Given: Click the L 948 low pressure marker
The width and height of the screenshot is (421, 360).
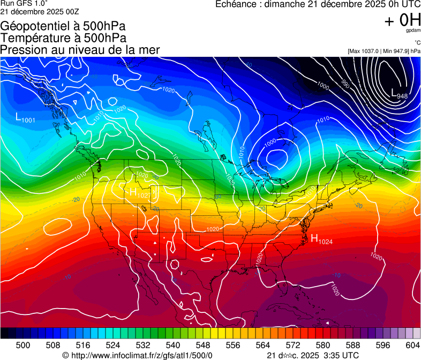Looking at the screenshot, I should point(399,94).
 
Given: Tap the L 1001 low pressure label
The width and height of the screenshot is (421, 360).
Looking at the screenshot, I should point(25,118).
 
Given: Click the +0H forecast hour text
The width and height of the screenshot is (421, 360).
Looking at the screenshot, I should point(402,20).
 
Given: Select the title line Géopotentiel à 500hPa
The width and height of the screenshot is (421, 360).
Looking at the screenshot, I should point(63,26).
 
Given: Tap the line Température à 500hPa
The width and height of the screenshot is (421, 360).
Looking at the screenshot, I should point(63,38).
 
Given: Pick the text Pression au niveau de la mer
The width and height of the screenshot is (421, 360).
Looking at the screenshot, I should point(80,50).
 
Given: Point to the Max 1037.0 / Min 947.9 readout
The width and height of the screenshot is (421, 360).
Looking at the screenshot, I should point(384,51).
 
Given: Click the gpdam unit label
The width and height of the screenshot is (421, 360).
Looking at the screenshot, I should point(414,31).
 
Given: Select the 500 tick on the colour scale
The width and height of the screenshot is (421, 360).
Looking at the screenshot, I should point(23,344).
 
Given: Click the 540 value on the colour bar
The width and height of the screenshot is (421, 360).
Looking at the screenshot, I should point(173,344).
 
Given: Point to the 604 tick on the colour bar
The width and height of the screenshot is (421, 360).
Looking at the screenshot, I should point(413,344).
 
